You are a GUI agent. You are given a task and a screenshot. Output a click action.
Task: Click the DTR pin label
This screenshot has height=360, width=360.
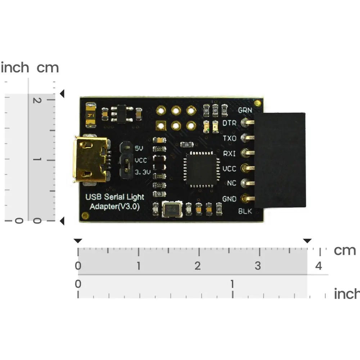point(229,123)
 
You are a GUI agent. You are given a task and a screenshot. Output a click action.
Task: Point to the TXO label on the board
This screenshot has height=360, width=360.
point(230,138)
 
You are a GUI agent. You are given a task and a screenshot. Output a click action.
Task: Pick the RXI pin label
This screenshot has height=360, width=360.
point(230,154)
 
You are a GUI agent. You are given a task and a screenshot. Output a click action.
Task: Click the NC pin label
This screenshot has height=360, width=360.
point(231,183)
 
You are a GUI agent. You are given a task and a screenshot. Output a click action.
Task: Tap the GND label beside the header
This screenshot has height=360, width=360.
point(229,199)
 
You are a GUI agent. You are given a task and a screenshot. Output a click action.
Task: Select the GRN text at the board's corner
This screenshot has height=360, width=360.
point(245,110)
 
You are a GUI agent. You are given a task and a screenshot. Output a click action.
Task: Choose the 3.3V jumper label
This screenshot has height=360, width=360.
point(142,173)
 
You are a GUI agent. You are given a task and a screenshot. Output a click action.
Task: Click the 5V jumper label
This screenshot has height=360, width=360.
point(139,148)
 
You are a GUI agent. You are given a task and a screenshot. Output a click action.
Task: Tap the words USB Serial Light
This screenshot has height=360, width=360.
point(114,197)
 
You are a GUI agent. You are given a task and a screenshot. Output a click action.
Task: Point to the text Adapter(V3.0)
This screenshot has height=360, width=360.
point(114,207)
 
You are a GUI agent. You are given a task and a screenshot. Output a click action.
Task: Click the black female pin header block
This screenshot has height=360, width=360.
point(280,160)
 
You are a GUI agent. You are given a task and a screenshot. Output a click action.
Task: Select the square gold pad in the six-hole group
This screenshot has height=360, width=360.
point(160,125)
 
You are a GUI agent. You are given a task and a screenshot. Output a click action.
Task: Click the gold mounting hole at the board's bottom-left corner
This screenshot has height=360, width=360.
point(85,216)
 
